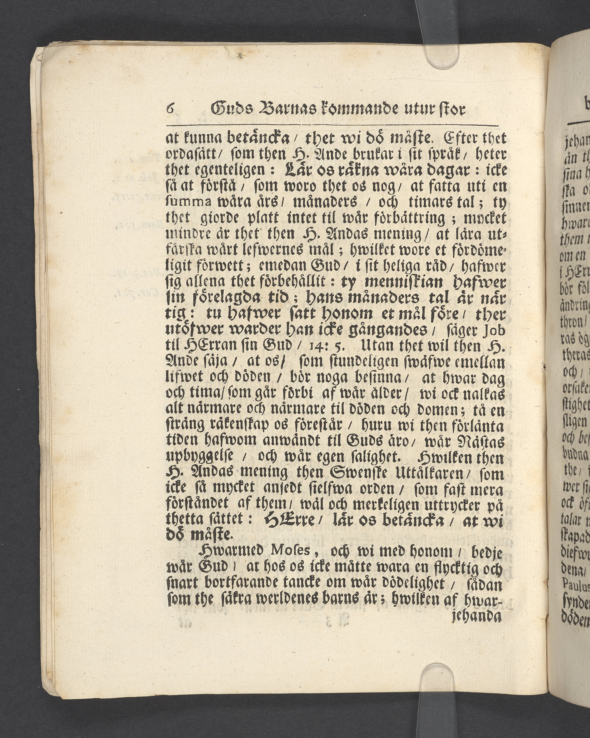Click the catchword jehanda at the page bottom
tap(477, 616)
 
